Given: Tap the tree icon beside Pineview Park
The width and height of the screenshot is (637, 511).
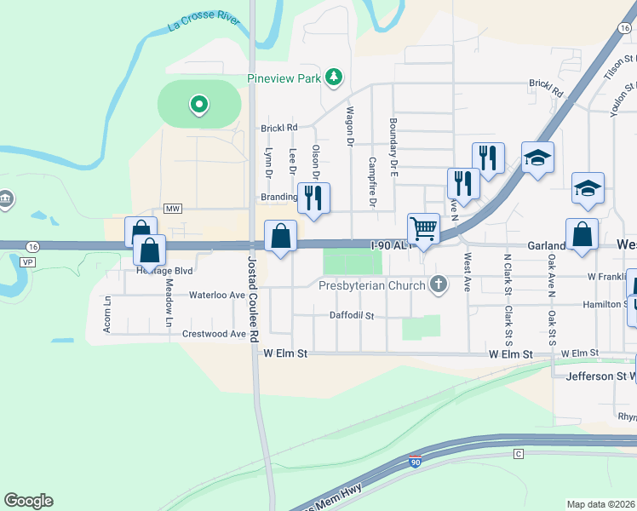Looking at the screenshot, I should (x=336, y=78).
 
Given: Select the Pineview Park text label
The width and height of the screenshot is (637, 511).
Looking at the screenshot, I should (x=284, y=78).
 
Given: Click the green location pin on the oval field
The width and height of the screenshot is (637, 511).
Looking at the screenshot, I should (x=199, y=105).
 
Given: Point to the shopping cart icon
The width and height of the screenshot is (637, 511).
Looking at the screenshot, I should (x=423, y=228).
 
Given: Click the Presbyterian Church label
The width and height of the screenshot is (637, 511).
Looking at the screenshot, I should (x=372, y=285).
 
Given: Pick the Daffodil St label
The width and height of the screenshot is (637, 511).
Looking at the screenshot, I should (x=352, y=315).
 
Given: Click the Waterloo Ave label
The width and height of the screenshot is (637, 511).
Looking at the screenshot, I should (x=216, y=295).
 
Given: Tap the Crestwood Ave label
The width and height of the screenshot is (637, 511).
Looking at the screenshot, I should (x=214, y=334).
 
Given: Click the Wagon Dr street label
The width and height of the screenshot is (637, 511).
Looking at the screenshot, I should (x=350, y=124).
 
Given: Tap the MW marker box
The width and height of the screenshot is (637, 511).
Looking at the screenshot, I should (x=174, y=209).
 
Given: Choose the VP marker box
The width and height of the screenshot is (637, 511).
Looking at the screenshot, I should (x=26, y=262).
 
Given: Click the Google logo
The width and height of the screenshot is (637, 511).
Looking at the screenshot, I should (x=28, y=501).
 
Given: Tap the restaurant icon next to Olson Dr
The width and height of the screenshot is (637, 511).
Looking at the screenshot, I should (x=313, y=198).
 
